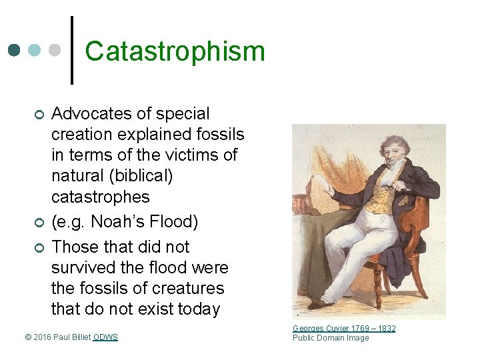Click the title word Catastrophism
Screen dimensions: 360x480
tap(175, 51)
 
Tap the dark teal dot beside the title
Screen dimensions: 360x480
tap(14, 51)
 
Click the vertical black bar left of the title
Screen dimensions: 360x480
tap(71, 50)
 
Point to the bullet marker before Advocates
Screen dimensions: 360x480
tap(39, 115)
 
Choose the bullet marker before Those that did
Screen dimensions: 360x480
tap(39, 248)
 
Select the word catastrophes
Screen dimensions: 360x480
tap(101, 197)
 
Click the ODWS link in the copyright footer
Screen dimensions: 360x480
tap(105, 337)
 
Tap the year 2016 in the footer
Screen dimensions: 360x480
tap(42, 337)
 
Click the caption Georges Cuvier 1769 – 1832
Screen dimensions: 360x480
tap(344, 328)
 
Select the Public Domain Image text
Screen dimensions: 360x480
tap(331, 337)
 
